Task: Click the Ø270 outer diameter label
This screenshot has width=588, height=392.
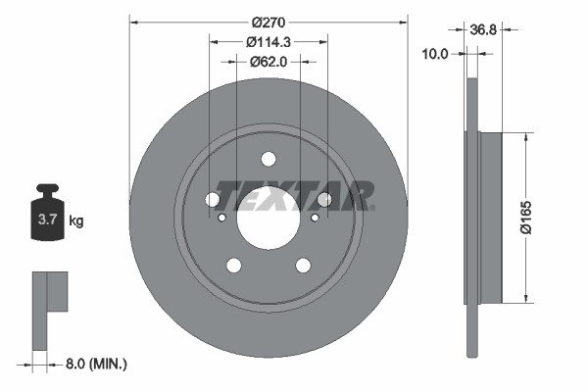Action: [x=268, y=22]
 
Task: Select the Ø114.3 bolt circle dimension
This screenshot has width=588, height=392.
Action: [x=268, y=41]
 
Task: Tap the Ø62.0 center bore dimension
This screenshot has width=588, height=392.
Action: [x=268, y=61]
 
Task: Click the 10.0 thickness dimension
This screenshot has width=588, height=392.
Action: [x=432, y=54]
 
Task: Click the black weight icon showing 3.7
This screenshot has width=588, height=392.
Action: [x=47, y=216]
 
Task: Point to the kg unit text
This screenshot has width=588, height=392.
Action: [x=75, y=221]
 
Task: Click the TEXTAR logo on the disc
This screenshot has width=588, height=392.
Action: [x=294, y=194]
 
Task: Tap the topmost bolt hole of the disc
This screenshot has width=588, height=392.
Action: [x=268, y=160]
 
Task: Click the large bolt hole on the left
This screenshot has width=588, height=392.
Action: [x=213, y=200]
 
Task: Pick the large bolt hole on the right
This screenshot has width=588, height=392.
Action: [x=323, y=200]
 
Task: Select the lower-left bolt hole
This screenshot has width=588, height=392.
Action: [x=233, y=265]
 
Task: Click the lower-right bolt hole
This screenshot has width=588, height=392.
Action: [x=303, y=265]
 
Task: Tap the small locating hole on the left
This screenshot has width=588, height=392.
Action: [x=221, y=218]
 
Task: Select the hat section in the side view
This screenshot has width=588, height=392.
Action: [x=489, y=217]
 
